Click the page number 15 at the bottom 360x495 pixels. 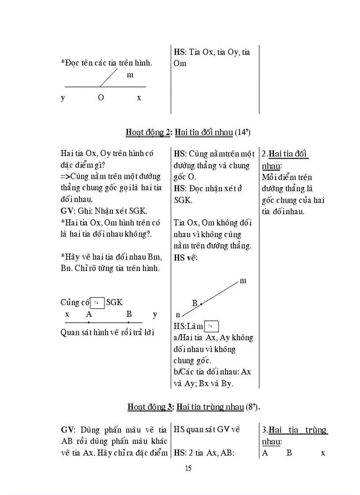[x=188, y=468]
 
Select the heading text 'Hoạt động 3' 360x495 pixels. [x=150, y=406]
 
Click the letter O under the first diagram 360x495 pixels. [x=101, y=98]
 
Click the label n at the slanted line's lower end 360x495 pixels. [x=178, y=315]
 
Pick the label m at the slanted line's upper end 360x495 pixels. [x=243, y=281]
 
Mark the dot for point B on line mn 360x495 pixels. [x=201, y=304]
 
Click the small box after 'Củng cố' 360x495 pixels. [x=97, y=303]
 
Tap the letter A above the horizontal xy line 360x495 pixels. [x=89, y=314]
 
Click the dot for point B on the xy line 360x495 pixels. [x=128, y=322]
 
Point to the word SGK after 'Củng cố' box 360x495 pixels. [x=114, y=302]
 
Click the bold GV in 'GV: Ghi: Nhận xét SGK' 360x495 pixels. [x=66, y=211]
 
